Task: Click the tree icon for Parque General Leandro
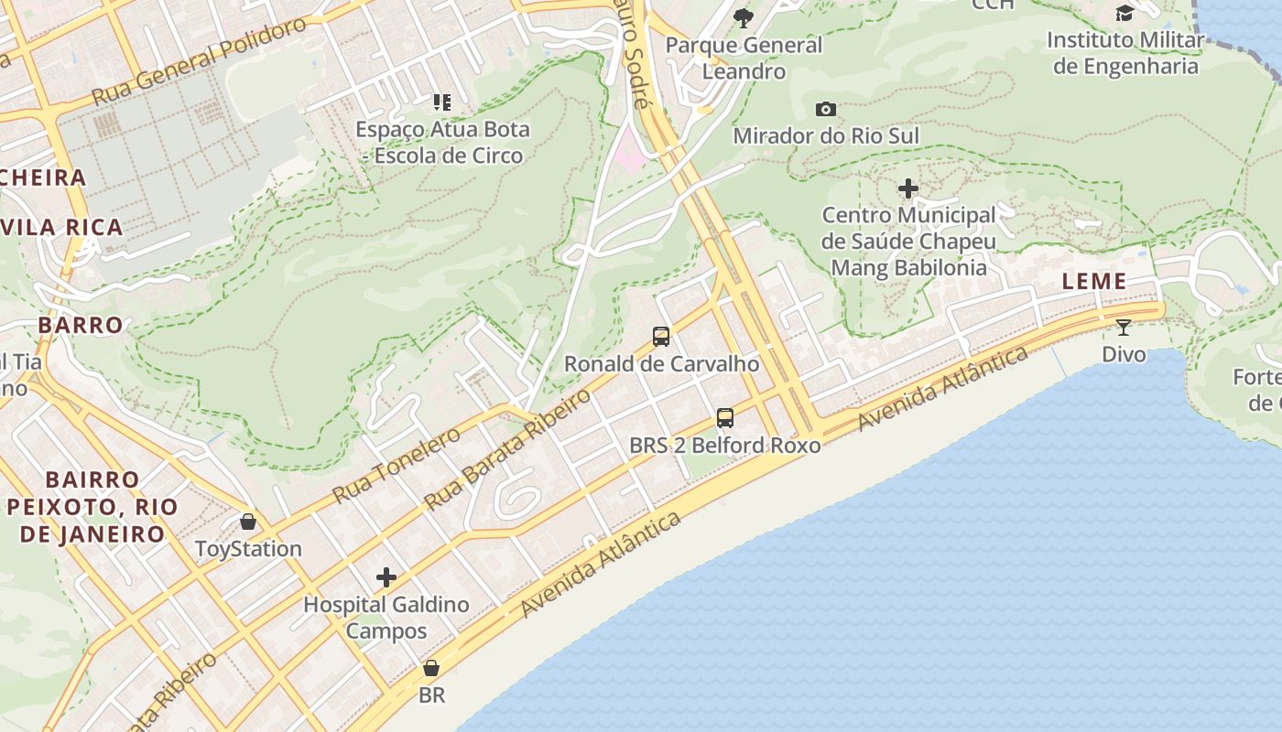click(x=744, y=17)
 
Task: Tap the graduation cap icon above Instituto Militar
click(x=1124, y=13)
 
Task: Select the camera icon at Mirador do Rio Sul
click(x=826, y=109)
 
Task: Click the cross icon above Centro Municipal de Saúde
click(x=908, y=188)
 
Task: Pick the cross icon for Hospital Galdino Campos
click(x=386, y=577)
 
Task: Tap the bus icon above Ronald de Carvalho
click(x=661, y=336)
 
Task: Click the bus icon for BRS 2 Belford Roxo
click(x=725, y=418)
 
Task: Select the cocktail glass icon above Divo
click(x=1124, y=328)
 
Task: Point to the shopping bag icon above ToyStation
click(x=248, y=522)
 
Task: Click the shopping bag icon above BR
click(x=431, y=668)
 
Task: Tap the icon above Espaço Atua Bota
click(x=442, y=102)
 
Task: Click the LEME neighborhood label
click(x=1094, y=282)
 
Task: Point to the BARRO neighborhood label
click(x=81, y=325)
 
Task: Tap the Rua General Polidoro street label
click(x=199, y=61)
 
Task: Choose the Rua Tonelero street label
click(x=396, y=465)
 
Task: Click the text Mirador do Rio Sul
click(x=826, y=136)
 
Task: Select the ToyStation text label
click(x=248, y=549)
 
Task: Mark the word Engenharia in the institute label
click(x=1140, y=67)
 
